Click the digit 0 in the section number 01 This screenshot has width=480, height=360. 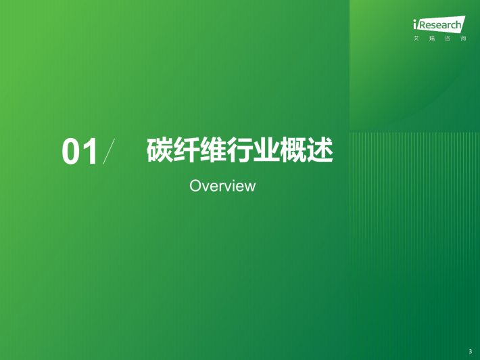pyautogui.click(x=71, y=152)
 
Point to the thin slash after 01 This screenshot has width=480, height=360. pyautogui.click(x=109, y=152)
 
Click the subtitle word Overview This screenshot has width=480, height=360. pyautogui.click(x=222, y=185)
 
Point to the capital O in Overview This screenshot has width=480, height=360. pyautogui.click(x=195, y=185)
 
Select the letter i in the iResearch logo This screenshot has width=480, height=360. pyautogui.click(x=415, y=24)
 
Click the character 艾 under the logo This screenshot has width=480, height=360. pyautogui.click(x=416, y=39)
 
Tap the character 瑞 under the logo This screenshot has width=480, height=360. pyautogui.click(x=432, y=39)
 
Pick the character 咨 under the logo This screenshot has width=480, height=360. pyautogui.click(x=448, y=39)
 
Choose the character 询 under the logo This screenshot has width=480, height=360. pyautogui.click(x=463, y=39)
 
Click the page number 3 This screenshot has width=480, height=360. pyautogui.click(x=471, y=352)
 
